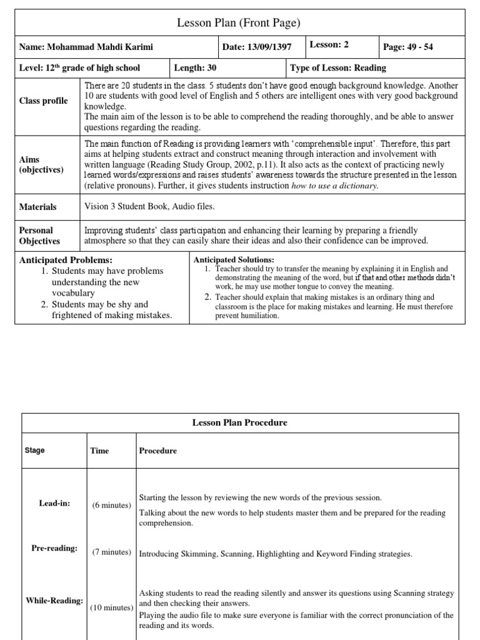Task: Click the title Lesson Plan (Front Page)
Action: pyautogui.click(x=239, y=23)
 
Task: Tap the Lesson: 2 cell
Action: pyautogui.click(x=329, y=45)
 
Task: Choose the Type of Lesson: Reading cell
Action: pyautogui.click(x=337, y=67)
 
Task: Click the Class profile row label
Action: pyautogui.click(x=44, y=101)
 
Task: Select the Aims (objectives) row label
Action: pyautogui.click(x=41, y=165)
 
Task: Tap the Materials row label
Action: pyautogui.click(x=38, y=207)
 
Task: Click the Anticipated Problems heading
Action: pyautogui.click(x=66, y=259)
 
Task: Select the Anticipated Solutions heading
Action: pyautogui.click(x=234, y=259)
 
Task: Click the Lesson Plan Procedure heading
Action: pyautogui.click(x=239, y=422)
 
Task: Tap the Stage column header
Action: pyautogui.click(x=34, y=450)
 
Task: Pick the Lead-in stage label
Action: pyautogui.click(x=54, y=502)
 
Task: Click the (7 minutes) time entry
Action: pyautogui.click(x=111, y=552)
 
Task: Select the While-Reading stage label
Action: pyautogui.click(x=54, y=601)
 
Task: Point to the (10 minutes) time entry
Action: pyautogui.click(x=111, y=607)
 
